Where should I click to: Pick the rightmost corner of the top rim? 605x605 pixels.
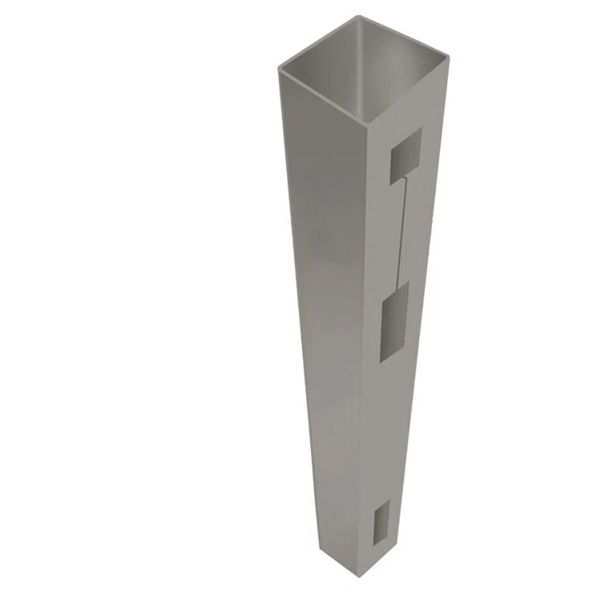[x=448, y=56]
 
